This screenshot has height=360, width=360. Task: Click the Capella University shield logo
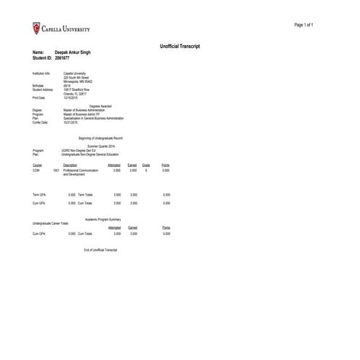pos(37,28)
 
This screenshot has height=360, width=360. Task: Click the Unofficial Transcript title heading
pos(180,47)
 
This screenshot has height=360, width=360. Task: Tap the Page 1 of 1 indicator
pos(303,25)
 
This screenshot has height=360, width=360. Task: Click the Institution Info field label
pos(42,73)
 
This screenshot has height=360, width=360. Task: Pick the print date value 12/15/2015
pos(71,97)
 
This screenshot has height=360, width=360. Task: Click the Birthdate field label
pos(39,85)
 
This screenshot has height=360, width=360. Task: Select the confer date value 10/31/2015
pos(71,122)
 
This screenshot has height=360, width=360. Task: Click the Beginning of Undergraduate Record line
pos(101,137)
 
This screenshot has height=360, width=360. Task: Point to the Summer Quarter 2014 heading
pos(102,146)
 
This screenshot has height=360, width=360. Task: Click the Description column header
pos(71,165)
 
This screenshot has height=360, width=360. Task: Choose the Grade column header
pos(146,165)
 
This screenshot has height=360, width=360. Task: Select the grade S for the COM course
pos(146,170)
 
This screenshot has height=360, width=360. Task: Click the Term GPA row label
pos(40,195)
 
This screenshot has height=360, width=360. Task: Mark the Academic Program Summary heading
pos(103,218)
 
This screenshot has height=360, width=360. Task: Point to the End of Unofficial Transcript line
pos(101,249)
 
